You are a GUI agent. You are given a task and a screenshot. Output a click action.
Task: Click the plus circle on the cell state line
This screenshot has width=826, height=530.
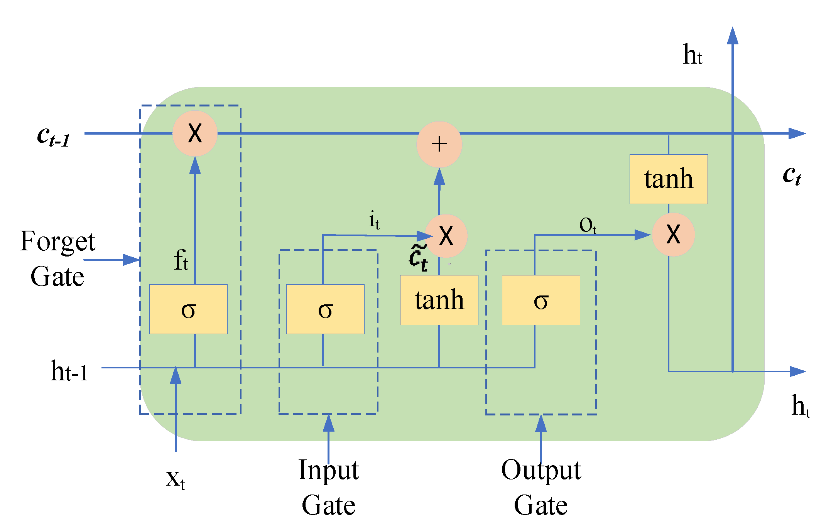439,145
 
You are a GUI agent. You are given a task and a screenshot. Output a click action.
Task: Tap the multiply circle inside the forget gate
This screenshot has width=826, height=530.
195,133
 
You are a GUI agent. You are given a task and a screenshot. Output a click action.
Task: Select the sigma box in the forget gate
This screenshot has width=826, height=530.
188,309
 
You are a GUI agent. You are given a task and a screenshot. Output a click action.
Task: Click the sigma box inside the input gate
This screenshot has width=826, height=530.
325,309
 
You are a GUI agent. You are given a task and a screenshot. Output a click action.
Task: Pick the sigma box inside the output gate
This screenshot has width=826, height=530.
541,300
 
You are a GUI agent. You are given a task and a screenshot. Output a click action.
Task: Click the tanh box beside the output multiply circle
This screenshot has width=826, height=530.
669,179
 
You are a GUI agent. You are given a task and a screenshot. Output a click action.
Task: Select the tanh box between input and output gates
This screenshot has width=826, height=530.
439,300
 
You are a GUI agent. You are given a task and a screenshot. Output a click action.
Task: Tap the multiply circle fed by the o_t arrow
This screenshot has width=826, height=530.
673,235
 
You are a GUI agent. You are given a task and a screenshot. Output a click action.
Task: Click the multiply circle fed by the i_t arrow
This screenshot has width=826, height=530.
446,236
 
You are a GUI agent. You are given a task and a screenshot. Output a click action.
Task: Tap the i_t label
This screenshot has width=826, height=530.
374,220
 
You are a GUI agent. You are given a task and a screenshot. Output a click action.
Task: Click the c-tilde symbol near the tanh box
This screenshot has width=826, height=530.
419,258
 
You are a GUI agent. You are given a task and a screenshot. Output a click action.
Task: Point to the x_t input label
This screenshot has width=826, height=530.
176,479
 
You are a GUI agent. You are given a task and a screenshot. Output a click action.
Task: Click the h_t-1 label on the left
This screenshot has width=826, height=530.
69,371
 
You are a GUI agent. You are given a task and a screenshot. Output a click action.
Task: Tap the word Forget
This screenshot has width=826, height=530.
57,241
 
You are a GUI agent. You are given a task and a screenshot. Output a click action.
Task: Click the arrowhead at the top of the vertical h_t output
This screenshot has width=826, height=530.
732,35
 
